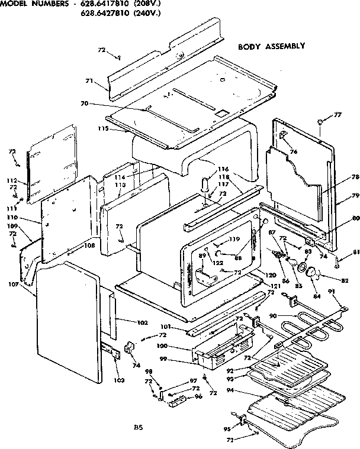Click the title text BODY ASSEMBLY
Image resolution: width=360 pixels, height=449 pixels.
tap(271, 46)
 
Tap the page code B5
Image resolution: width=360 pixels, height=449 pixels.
tap(138, 427)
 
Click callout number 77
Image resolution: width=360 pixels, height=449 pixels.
tap(337, 115)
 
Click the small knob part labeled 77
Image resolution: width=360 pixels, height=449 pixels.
tap(320, 122)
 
